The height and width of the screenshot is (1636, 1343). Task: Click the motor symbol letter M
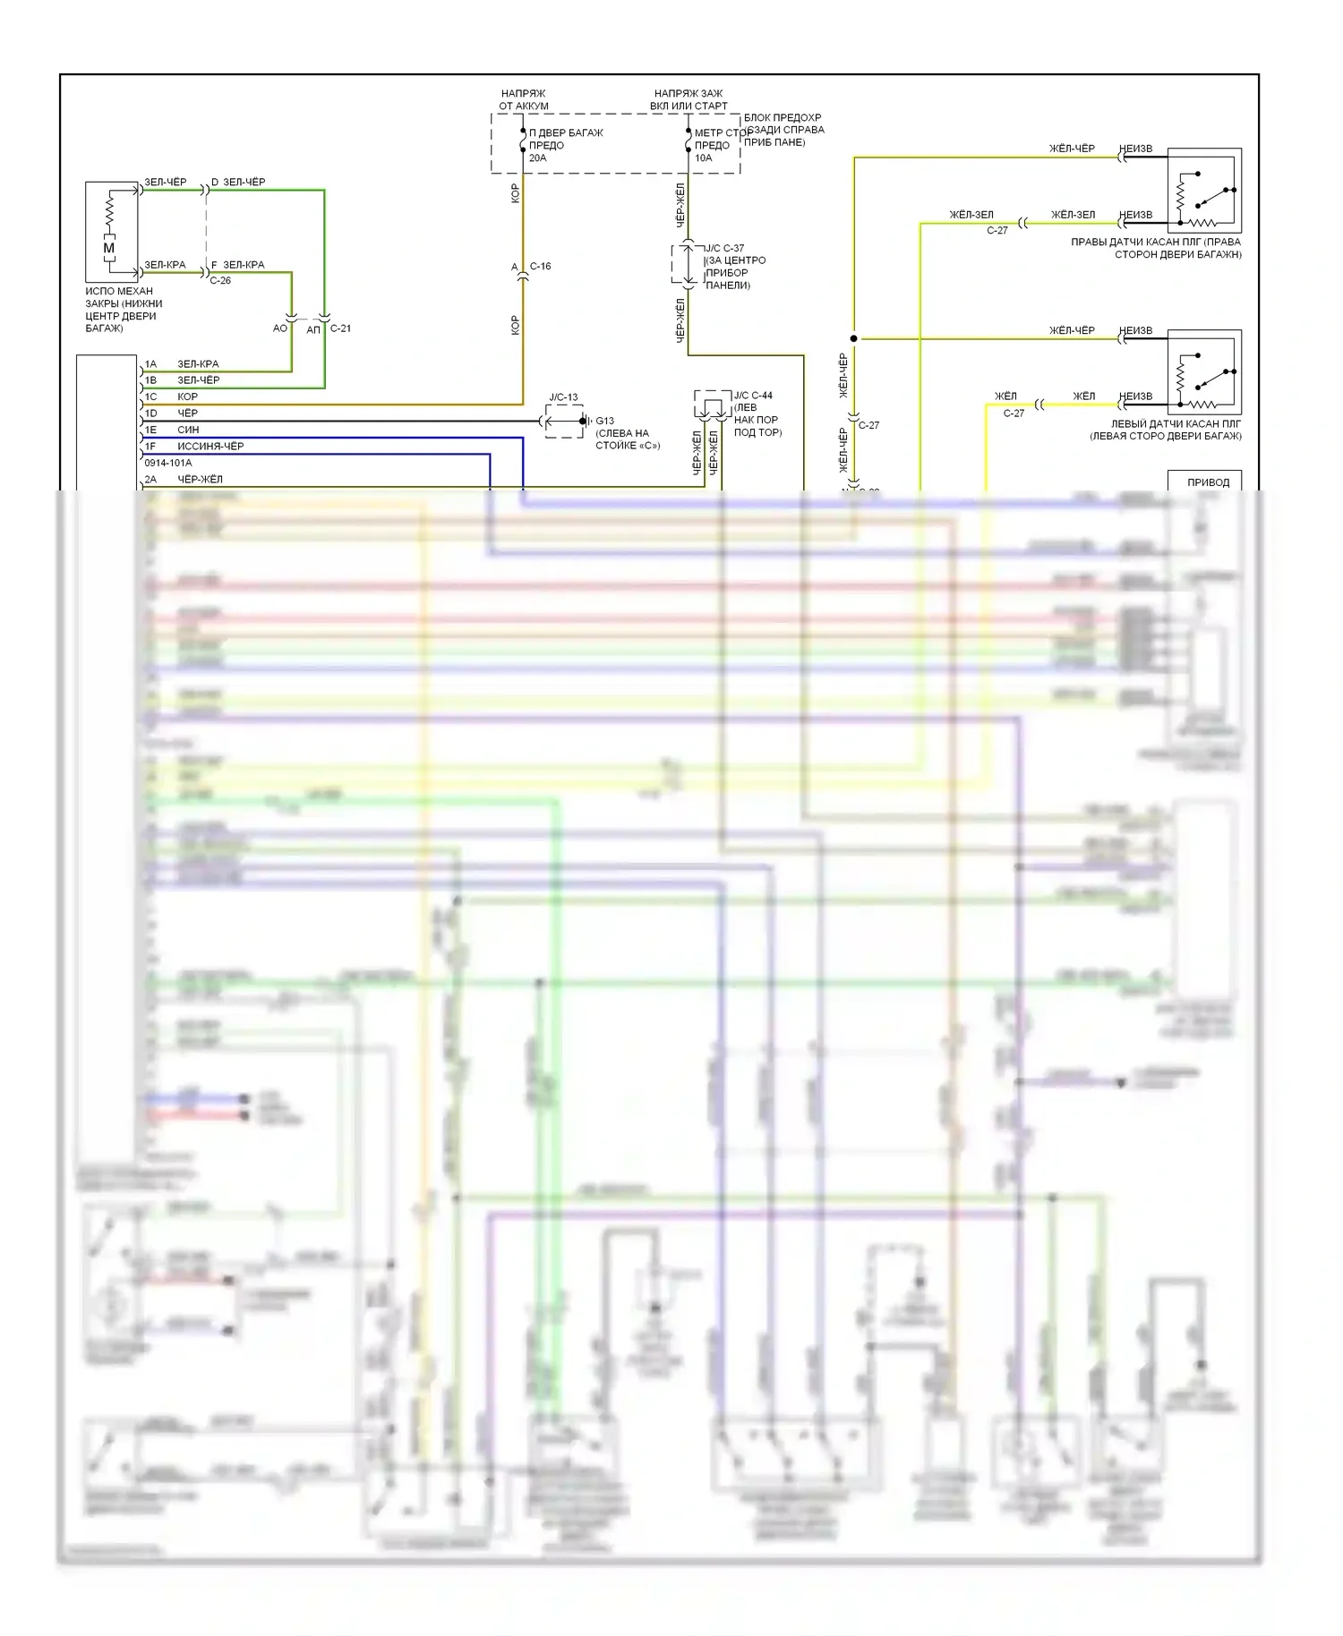[109, 248]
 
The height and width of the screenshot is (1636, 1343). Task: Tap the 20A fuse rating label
[537, 158]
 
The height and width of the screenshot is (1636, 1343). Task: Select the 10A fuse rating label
[704, 158]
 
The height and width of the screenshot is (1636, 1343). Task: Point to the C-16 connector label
[540, 266]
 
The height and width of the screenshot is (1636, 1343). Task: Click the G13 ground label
[605, 421]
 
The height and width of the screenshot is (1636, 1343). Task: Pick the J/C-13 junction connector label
[563, 397]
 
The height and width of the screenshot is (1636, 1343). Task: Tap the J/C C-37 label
[725, 248]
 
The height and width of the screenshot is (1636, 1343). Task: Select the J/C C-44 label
[753, 396]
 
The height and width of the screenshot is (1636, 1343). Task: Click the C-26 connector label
[220, 280]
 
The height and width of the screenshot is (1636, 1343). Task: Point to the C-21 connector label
[340, 328]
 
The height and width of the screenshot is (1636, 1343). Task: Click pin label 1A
[150, 364]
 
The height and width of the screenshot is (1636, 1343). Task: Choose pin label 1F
[150, 446]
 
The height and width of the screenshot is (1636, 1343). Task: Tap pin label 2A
[150, 479]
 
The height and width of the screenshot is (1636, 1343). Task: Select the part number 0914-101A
[168, 463]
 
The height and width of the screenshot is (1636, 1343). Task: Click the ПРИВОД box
[1208, 481]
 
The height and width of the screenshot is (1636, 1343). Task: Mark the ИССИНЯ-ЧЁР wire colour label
[210, 446]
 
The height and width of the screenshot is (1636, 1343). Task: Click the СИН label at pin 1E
[188, 430]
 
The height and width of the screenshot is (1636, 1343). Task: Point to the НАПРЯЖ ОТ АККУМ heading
[524, 99]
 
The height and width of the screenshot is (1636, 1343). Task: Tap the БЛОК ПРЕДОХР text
[783, 117]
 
